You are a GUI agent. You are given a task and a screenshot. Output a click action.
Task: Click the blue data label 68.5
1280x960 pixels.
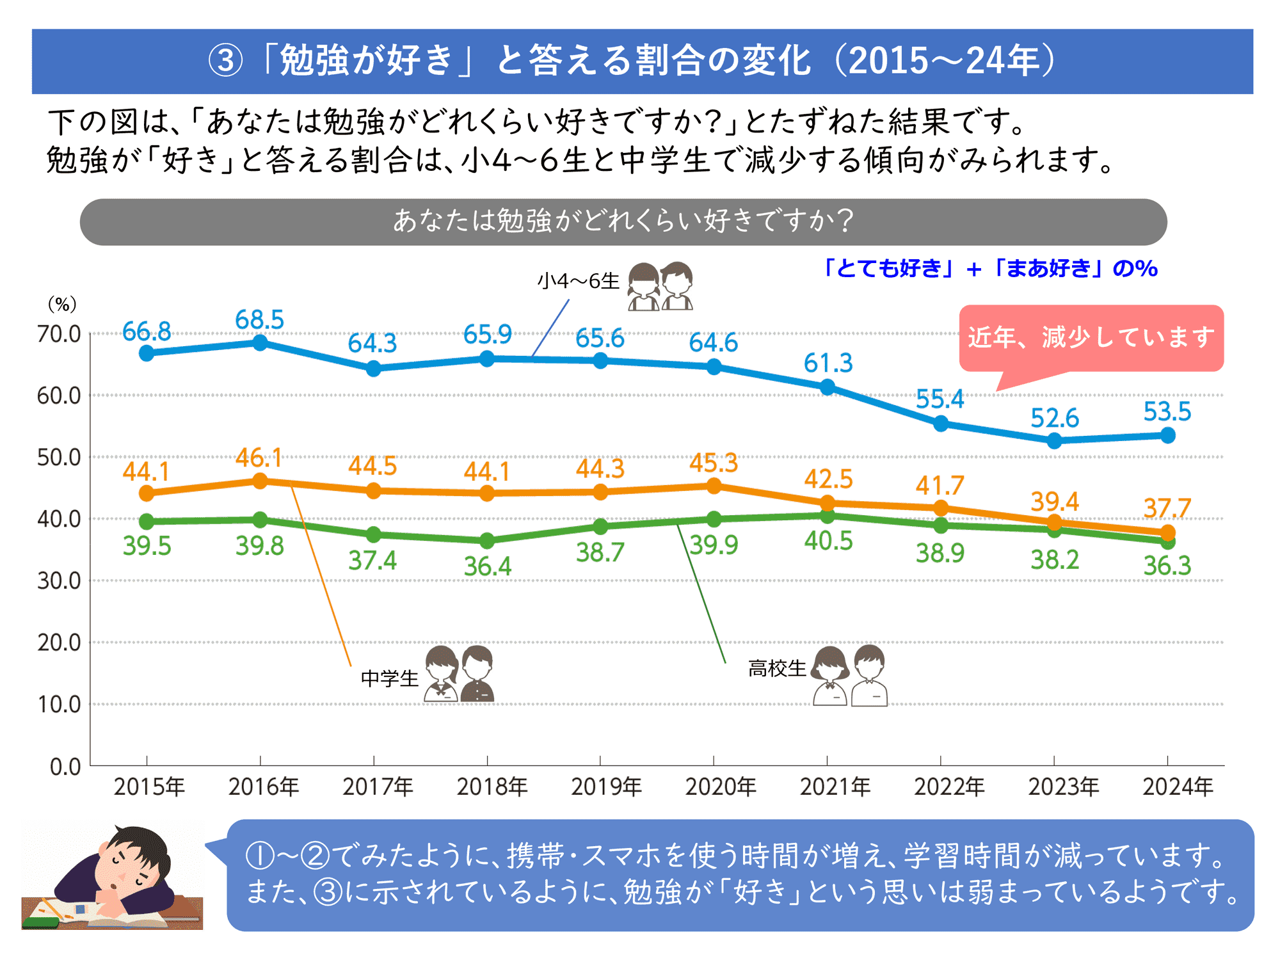point(259,319)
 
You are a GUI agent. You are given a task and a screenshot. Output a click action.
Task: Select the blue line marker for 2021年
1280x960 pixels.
point(828,387)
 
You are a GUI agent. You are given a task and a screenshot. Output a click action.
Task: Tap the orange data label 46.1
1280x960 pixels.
point(259,458)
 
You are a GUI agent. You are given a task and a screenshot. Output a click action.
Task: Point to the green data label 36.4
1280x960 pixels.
point(488,566)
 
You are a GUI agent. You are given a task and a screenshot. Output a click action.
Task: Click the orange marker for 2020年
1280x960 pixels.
point(714,486)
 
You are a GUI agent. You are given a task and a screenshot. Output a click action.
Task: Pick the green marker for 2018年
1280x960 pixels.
point(487,541)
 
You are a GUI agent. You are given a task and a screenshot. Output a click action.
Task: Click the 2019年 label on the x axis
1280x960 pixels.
point(606,787)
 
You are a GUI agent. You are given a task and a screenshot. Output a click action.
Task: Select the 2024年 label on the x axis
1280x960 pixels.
point(1178,787)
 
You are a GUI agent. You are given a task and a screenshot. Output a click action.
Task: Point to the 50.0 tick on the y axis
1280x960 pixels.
point(59,458)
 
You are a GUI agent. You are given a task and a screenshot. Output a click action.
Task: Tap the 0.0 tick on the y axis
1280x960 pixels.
point(65,766)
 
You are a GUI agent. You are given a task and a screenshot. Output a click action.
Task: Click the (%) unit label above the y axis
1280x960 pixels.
point(62,304)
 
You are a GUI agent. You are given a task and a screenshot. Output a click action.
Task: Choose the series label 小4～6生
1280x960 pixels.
point(578,281)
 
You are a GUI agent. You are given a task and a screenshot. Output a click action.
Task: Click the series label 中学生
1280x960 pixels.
point(389,678)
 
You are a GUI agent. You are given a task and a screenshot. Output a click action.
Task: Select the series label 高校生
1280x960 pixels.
point(777,669)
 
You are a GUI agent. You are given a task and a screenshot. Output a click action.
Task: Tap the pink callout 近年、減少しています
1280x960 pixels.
point(1091,337)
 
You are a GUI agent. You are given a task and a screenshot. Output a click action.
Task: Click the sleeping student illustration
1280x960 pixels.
point(113,877)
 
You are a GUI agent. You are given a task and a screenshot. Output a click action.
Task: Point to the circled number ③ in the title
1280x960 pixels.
point(226,61)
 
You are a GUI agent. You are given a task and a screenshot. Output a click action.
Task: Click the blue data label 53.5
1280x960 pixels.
point(1167,412)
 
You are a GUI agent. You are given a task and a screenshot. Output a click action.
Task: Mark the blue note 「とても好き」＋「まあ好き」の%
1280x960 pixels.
point(991,268)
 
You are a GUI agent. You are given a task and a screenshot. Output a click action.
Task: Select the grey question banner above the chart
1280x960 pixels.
point(623,221)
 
